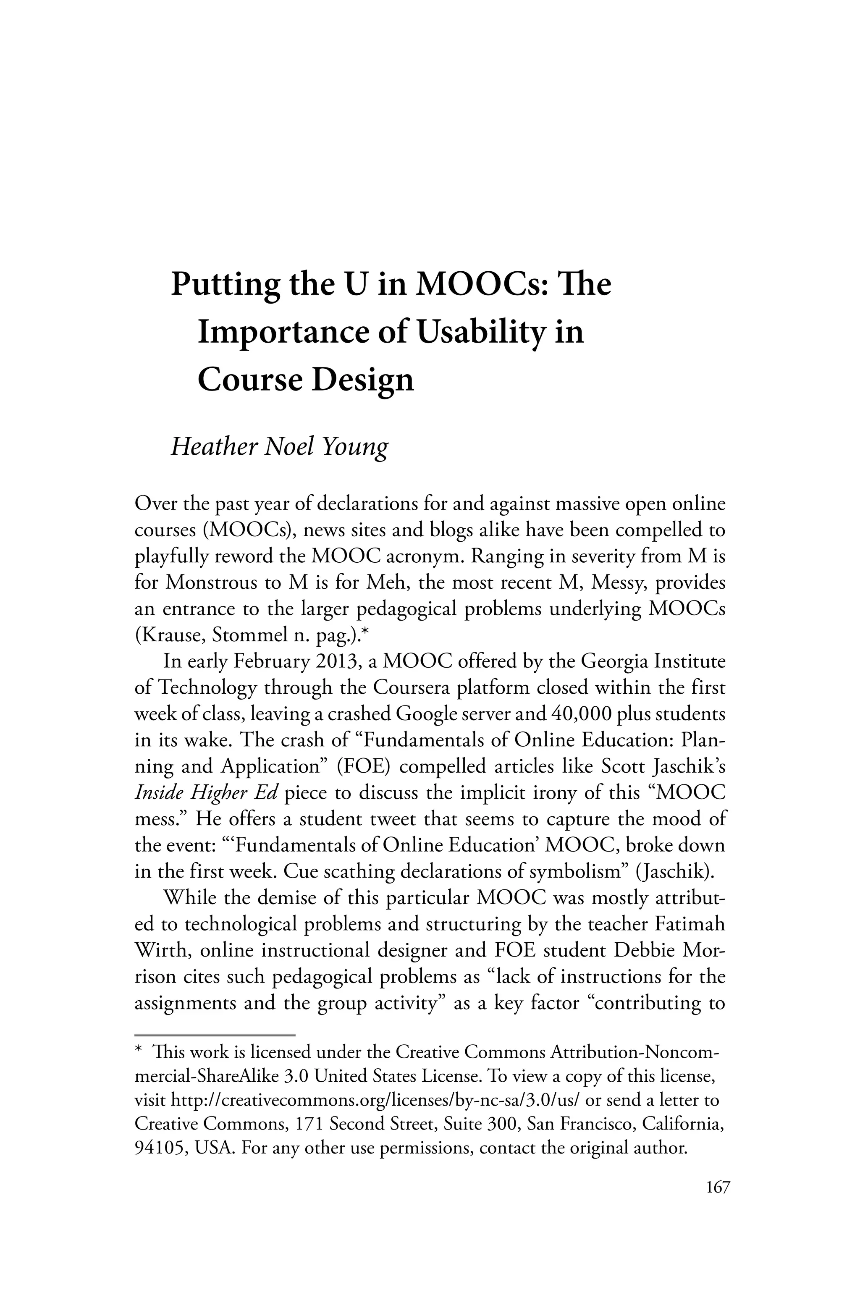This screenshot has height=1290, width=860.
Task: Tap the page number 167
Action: coord(718,1188)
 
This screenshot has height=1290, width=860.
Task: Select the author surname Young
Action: coord(354,446)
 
